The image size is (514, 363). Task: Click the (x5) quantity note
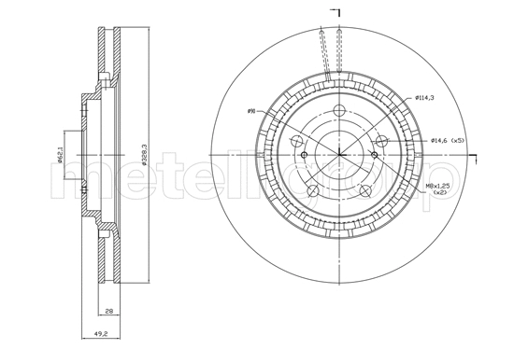click(458, 140)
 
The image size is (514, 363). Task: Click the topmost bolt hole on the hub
click(337, 111)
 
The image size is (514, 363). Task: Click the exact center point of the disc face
click(337, 155)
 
